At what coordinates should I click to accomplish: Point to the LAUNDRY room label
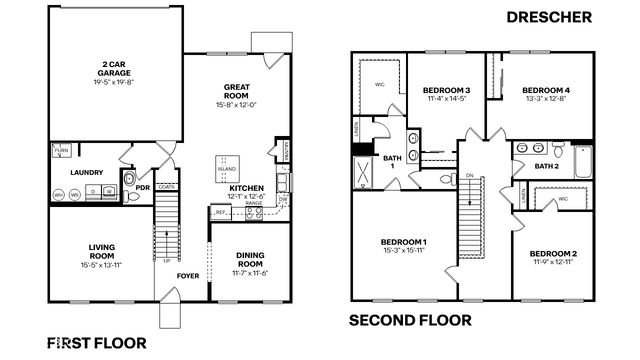pos(87,172)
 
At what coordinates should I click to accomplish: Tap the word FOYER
pos(188,275)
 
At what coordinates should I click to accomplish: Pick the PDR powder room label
pos(142,186)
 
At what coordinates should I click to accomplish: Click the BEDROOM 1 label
pos(403,242)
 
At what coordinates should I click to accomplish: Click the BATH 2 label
pos(546,165)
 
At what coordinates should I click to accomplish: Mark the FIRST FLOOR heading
pos(97,342)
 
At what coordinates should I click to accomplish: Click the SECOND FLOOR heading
pos(410,321)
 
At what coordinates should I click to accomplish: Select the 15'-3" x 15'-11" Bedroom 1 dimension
pos(403,251)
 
